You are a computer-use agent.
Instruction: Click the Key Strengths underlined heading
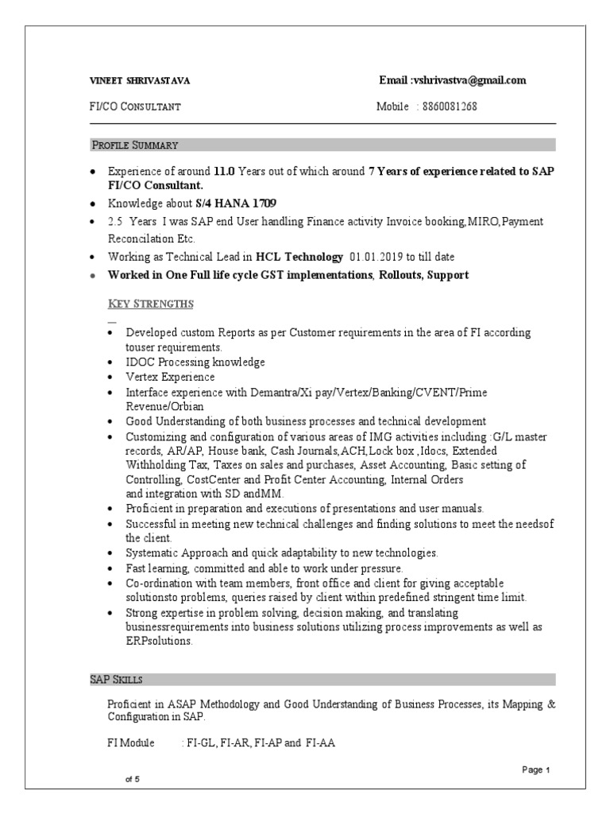(x=150, y=304)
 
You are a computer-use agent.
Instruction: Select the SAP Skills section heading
(x=115, y=680)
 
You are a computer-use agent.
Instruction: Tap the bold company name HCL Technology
(x=301, y=257)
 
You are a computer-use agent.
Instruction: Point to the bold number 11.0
(x=225, y=171)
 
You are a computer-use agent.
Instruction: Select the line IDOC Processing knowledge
(x=195, y=362)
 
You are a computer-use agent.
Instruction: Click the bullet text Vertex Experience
(x=170, y=377)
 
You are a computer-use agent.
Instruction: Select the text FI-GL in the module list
(x=202, y=743)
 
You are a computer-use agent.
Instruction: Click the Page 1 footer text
(x=536, y=769)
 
